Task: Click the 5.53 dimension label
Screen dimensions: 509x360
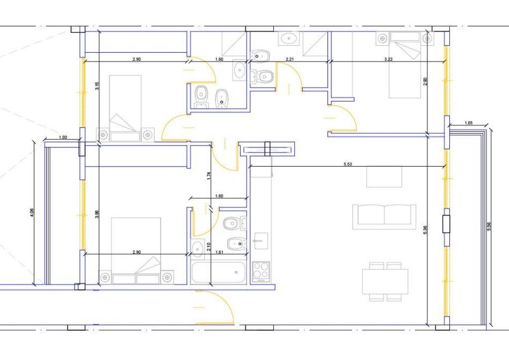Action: coord(348,164)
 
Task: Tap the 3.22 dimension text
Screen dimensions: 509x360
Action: coord(388,59)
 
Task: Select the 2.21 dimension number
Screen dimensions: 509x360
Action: coord(290,59)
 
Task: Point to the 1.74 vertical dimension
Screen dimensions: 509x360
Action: coord(209,176)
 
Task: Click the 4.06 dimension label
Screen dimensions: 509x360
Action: coord(32,213)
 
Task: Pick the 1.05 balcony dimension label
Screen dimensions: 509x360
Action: coord(468,123)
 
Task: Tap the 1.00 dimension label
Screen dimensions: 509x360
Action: coord(63,138)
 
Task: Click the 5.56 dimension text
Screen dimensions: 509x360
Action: coord(489,226)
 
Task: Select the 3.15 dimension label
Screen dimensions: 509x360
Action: coord(97,86)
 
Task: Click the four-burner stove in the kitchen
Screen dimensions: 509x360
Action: coord(261,271)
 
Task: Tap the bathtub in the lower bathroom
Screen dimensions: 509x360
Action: coord(219,273)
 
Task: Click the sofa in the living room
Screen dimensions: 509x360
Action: coord(384,217)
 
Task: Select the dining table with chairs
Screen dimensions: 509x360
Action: coord(385,282)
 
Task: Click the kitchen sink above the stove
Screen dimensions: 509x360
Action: coord(261,241)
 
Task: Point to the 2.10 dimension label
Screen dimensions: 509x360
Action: coord(209,248)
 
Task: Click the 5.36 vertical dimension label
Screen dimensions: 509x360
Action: coord(426,230)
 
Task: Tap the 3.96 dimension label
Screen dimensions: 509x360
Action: coord(97,215)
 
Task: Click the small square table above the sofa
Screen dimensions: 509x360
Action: coord(384,177)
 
